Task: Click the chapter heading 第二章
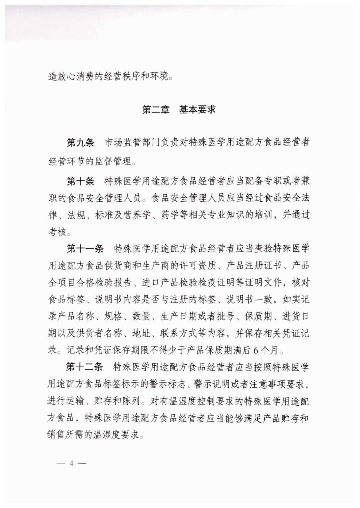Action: tap(156, 110)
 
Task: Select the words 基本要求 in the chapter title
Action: tap(198, 110)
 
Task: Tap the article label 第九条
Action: tap(80, 143)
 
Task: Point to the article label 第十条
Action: tap(80, 181)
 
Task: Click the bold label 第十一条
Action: tap(85, 249)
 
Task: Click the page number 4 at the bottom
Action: tap(71, 464)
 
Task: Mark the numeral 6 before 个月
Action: tap(256, 350)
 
